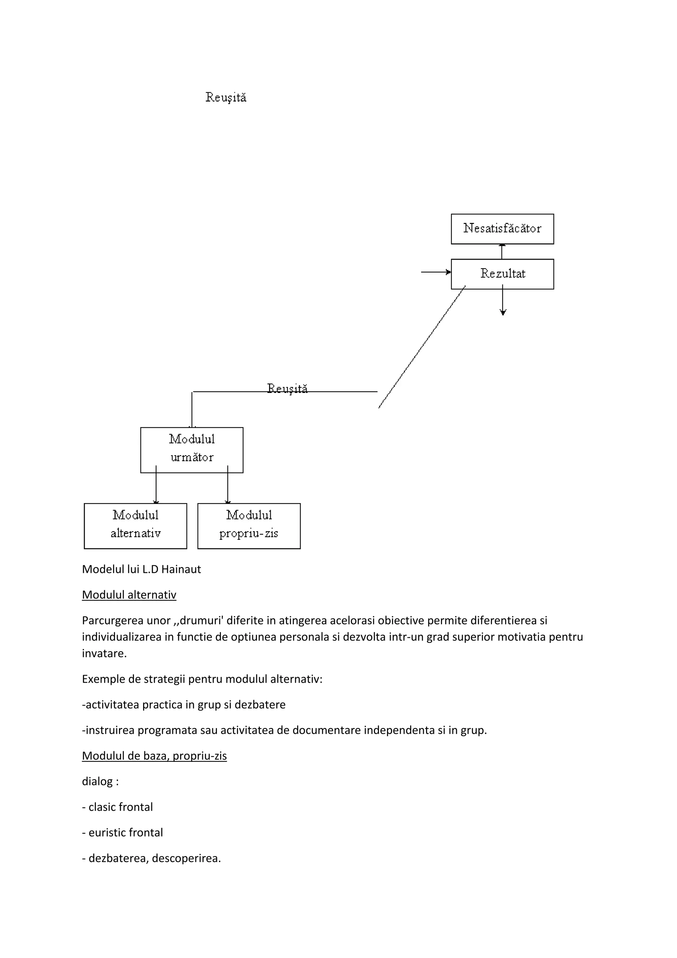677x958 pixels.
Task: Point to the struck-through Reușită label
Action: [x=287, y=389]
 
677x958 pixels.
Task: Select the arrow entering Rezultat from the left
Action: [x=436, y=272]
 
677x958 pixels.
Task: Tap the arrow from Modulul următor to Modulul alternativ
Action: [x=156, y=486]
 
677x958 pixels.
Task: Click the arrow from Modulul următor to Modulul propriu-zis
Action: [x=228, y=486]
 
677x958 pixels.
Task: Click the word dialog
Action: [x=97, y=781]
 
